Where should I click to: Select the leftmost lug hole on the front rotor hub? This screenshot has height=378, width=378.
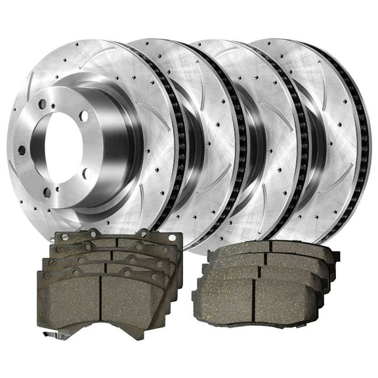[22, 150]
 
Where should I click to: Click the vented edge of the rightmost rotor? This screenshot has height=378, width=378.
[363, 131]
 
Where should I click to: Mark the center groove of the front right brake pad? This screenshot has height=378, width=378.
[256, 302]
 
